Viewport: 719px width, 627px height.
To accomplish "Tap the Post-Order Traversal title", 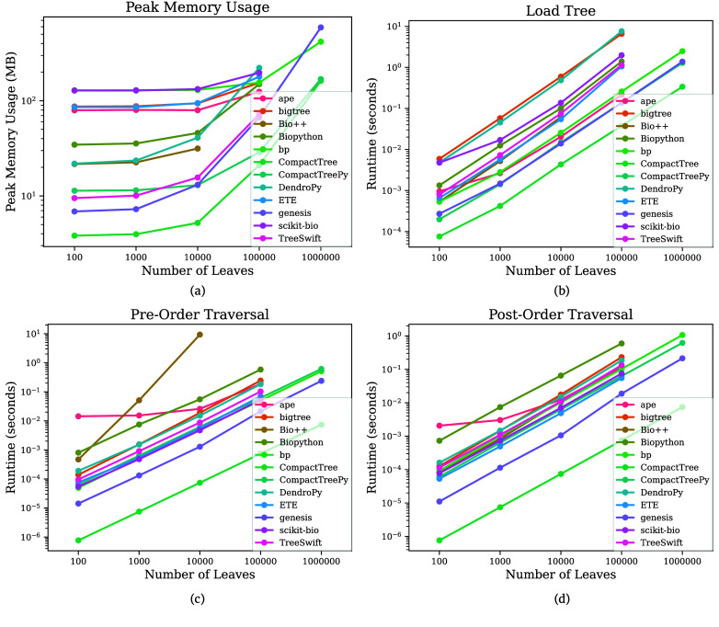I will tap(561, 314).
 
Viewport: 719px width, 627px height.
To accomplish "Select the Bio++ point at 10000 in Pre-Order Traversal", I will tap(200, 335).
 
